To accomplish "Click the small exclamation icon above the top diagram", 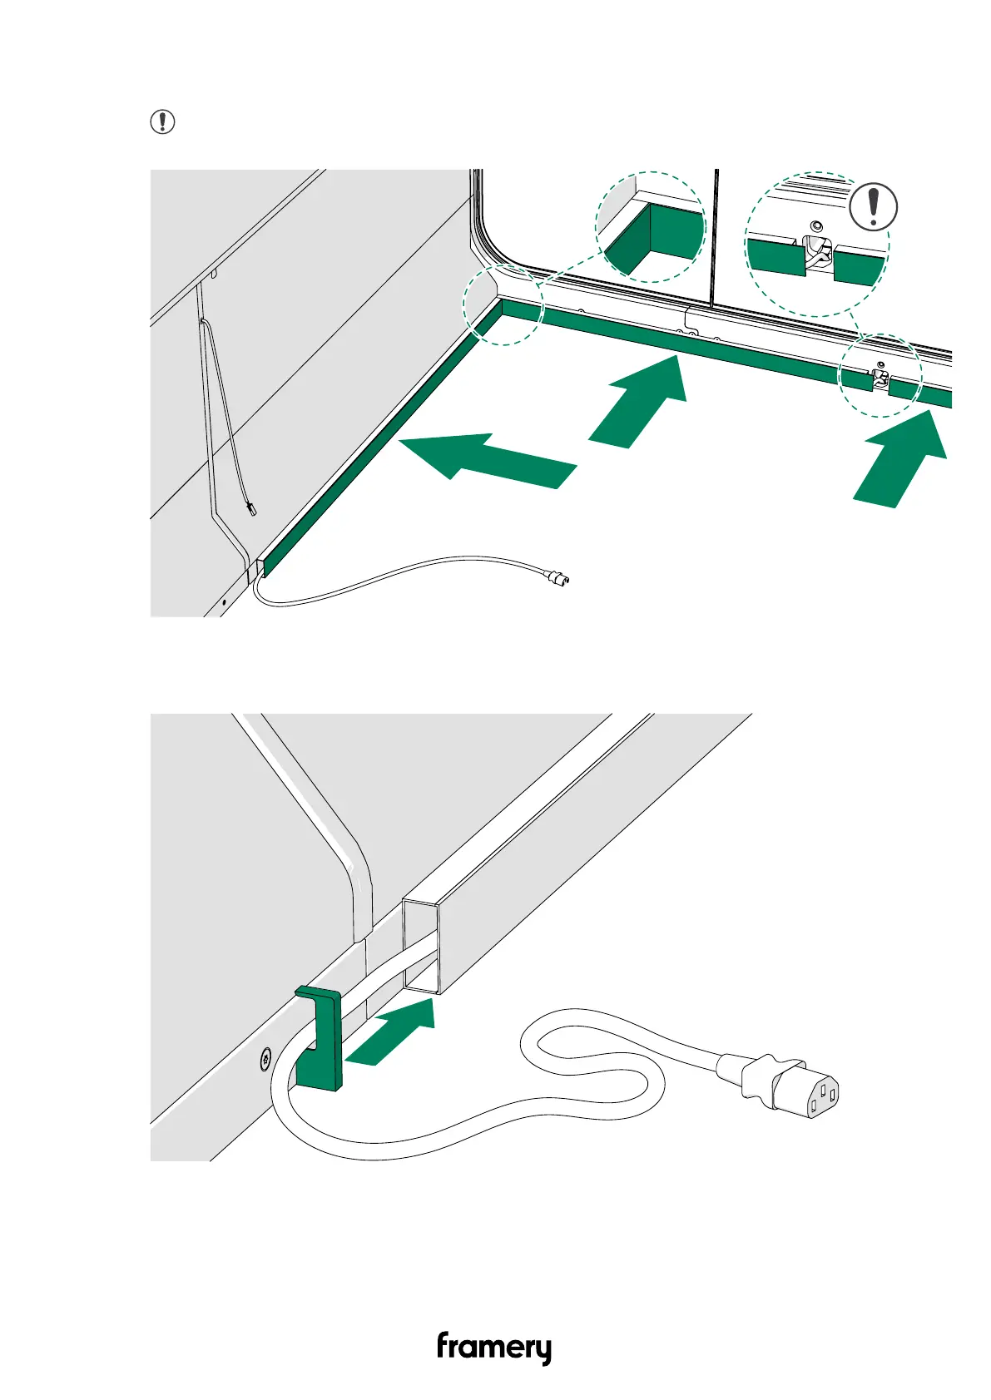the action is (x=162, y=122).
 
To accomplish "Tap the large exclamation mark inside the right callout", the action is (x=873, y=207).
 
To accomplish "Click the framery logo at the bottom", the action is (x=494, y=1348).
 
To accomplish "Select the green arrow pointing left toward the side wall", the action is (x=488, y=460).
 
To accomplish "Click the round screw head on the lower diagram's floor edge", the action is (x=265, y=1060).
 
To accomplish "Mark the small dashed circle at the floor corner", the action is (x=503, y=305).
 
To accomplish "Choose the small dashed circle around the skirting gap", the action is (x=880, y=375).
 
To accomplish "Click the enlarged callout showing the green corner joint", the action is (x=651, y=227).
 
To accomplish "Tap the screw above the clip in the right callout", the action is (x=816, y=226).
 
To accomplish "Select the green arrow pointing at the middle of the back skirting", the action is (x=640, y=401).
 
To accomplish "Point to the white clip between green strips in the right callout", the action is (x=817, y=255).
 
